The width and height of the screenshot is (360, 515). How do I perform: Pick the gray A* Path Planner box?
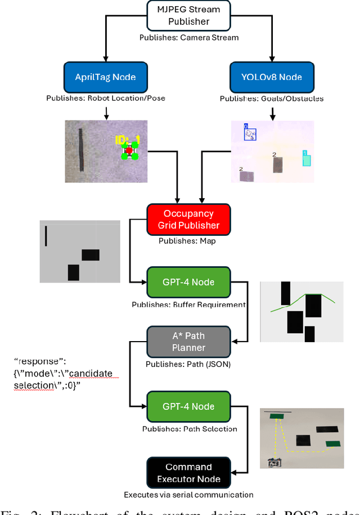coord(188,342)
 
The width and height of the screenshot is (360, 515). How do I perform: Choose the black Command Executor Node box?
coord(188,473)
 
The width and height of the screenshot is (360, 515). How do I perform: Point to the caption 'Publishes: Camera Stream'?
coord(188,38)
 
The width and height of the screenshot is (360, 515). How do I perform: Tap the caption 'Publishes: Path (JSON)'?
coord(188,364)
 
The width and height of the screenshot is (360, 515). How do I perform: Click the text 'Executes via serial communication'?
coord(188,495)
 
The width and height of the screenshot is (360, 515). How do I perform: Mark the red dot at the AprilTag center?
coord(129,150)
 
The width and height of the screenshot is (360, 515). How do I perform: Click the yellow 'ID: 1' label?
coord(127,140)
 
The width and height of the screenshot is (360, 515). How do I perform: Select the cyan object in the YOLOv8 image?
coord(306,159)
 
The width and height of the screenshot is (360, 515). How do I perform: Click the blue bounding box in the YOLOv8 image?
coord(250,134)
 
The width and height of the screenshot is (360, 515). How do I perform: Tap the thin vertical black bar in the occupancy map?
coord(46,236)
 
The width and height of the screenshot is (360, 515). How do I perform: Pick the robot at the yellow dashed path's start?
coord(274,463)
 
